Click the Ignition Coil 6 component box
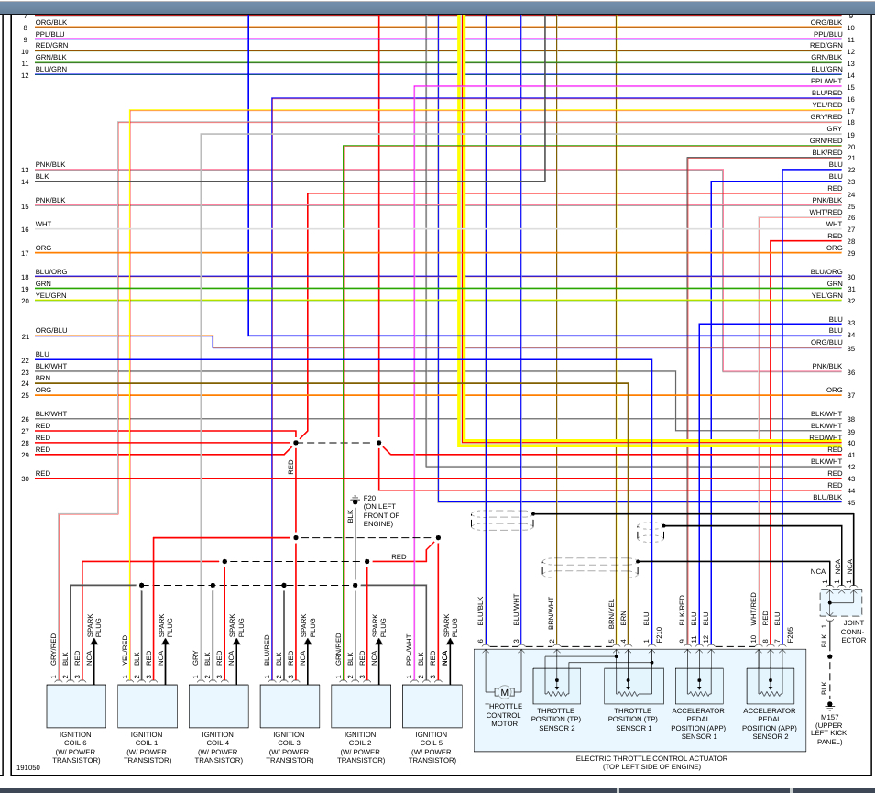point(75,705)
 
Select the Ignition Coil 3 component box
point(289,705)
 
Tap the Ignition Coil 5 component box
point(432,705)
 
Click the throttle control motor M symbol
point(503,692)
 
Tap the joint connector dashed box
point(842,602)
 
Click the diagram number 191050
point(28,768)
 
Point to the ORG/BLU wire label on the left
point(51,331)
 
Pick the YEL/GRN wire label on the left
point(50,295)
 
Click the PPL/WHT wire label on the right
point(826,81)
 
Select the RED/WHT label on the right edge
point(826,438)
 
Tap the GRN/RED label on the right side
point(826,140)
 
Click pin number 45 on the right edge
point(851,502)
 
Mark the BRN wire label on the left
point(43,378)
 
